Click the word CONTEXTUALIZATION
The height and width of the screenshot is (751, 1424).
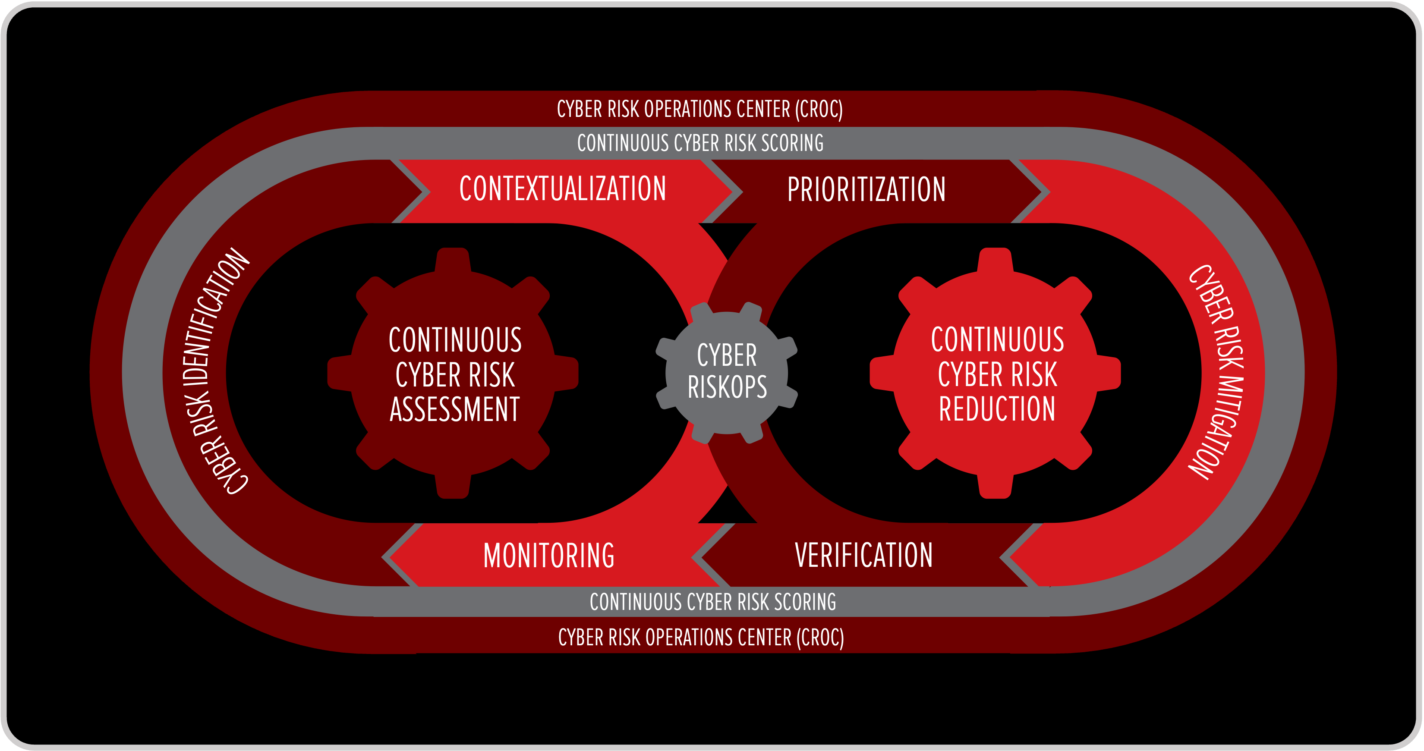click(x=563, y=189)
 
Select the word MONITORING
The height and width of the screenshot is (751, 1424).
click(x=548, y=555)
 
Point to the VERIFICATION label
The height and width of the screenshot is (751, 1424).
click(x=863, y=555)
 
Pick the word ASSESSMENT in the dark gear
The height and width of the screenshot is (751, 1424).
click(x=454, y=409)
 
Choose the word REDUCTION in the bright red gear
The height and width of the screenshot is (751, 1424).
click(x=997, y=409)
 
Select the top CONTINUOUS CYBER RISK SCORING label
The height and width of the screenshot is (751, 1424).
click(x=700, y=143)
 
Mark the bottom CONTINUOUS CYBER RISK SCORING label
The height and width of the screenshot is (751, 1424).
click(x=712, y=602)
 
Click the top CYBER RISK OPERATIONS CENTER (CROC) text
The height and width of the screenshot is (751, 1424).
click(x=699, y=109)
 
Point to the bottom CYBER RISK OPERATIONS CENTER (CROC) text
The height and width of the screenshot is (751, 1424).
click(x=701, y=637)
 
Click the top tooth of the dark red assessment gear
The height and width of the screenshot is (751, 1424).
click(x=453, y=260)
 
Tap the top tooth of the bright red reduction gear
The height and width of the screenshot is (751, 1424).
click(x=995, y=260)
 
